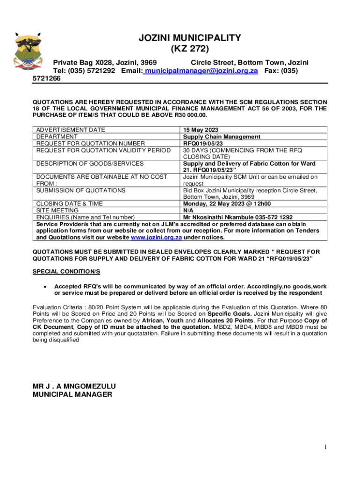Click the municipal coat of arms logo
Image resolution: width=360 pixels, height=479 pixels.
(29, 54)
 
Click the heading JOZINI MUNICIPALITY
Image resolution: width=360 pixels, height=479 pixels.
(189, 38)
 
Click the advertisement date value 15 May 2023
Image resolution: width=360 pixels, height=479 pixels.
(201, 130)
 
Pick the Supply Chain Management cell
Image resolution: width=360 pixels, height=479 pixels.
(222, 137)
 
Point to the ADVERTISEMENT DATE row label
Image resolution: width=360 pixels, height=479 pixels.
(71, 130)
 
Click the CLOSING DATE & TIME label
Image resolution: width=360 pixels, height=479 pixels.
(70, 204)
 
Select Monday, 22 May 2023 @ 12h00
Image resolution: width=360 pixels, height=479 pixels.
(227, 204)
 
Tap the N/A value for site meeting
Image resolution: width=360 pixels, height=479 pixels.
(188, 210)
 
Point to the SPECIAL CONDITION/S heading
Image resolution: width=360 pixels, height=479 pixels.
(66, 272)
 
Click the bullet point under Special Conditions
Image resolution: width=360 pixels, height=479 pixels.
(44, 286)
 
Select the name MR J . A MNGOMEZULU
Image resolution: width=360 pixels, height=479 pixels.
(74, 386)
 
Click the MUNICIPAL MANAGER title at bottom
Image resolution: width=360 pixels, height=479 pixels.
(72, 394)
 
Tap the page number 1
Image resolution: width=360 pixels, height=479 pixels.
(325, 448)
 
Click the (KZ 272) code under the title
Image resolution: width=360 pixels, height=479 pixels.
(189, 49)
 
